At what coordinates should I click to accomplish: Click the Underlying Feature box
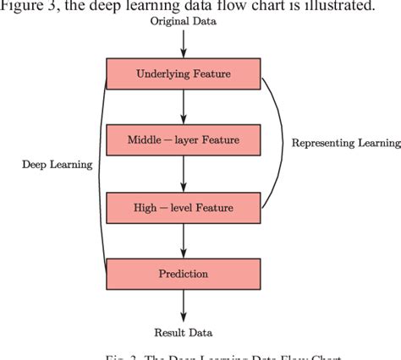(184, 74)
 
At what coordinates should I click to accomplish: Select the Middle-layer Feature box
(184, 139)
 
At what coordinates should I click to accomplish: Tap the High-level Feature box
(184, 207)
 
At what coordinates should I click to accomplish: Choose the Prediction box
(184, 274)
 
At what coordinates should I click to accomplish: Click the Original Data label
(184, 22)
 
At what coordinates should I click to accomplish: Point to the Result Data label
(184, 332)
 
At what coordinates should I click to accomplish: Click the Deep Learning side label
(57, 165)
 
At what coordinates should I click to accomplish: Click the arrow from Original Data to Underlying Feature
(184, 46)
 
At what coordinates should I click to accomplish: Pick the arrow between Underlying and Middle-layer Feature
(184, 106)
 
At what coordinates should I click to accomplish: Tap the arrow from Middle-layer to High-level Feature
(184, 174)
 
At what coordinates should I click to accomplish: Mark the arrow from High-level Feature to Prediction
(184, 240)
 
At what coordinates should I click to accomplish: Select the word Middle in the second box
(145, 139)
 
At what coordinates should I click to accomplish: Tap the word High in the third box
(145, 207)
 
